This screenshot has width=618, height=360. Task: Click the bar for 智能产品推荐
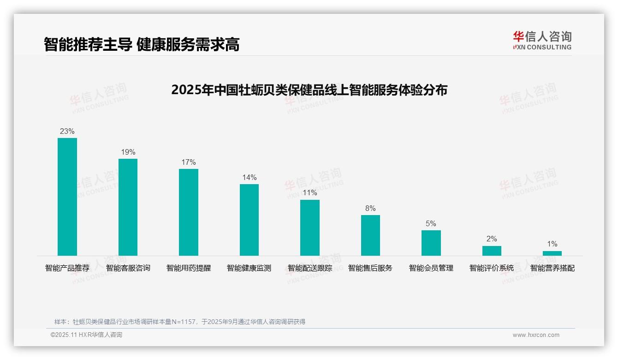point(67,197)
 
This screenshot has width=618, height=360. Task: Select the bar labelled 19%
point(128,207)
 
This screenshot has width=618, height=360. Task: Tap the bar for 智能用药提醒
point(189,212)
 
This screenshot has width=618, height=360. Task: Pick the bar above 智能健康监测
point(249,220)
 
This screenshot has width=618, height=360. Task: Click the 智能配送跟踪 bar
point(310,228)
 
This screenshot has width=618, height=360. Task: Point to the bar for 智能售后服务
point(370,235)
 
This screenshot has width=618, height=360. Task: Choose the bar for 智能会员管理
point(431,243)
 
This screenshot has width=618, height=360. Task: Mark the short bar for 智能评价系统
point(492,251)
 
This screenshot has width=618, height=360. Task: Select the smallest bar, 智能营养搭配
point(552,253)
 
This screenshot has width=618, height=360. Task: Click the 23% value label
point(67,131)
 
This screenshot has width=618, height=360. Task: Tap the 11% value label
point(310,193)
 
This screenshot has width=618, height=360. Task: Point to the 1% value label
point(552,244)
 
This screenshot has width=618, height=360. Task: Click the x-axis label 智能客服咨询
point(128,268)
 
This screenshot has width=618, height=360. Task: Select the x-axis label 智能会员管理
point(431,268)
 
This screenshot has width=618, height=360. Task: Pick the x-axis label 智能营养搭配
point(552,268)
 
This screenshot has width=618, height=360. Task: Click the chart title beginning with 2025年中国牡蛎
point(309,90)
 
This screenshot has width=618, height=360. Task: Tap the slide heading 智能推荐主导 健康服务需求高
point(142,44)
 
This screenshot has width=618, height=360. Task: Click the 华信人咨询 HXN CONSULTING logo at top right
point(542,41)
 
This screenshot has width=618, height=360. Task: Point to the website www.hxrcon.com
point(536,335)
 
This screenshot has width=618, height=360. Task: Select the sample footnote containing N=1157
point(180,322)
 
